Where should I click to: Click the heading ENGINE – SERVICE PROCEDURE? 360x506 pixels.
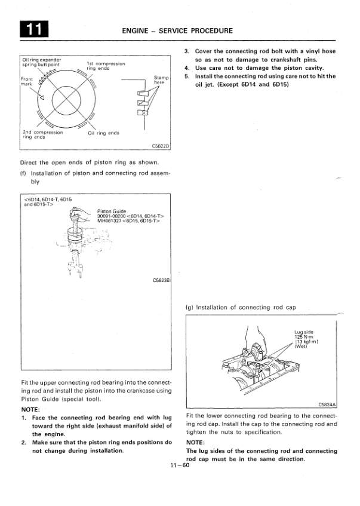(x=177, y=30)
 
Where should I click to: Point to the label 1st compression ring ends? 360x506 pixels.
(x=106, y=66)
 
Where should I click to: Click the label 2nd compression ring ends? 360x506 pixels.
(x=42, y=134)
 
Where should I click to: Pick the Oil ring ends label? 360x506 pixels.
(x=103, y=133)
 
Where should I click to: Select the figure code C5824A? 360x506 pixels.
(x=328, y=404)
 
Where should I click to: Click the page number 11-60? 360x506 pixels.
(x=179, y=465)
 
